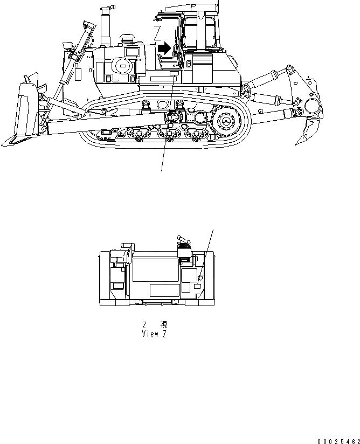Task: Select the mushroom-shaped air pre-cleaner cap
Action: point(128,39)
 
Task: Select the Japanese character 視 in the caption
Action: point(163,325)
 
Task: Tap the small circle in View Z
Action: point(200,277)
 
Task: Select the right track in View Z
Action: point(210,278)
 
